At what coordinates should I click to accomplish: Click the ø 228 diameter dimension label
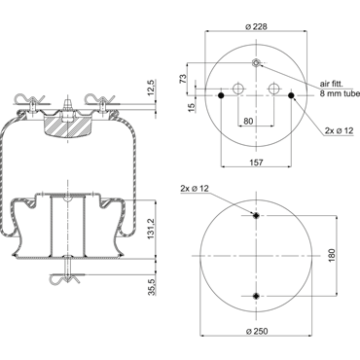(x=256, y=26)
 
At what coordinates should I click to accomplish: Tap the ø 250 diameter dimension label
(x=257, y=331)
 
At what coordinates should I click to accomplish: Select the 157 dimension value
(x=257, y=162)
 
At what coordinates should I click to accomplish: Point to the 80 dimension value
(x=248, y=121)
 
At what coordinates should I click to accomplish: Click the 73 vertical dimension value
(x=183, y=79)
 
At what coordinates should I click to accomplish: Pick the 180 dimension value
(x=332, y=256)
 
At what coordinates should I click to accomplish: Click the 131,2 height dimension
(x=151, y=229)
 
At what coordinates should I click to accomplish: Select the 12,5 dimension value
(x=151, y=88)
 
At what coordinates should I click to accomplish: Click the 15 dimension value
(x=192, y=106)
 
